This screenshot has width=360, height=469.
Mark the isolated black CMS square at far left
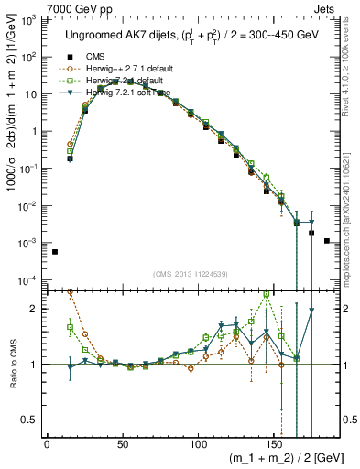click(x=55, y=252)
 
